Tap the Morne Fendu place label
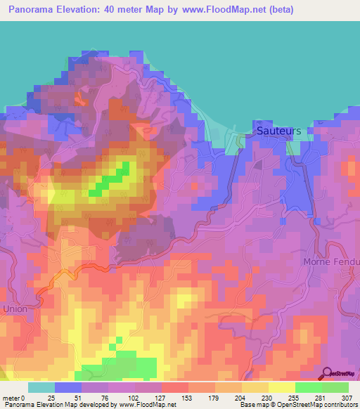tap(331, 261)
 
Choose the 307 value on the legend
tap(347, 398)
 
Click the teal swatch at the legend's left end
tap(41, 387)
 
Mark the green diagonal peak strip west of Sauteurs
tap(111, 179)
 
